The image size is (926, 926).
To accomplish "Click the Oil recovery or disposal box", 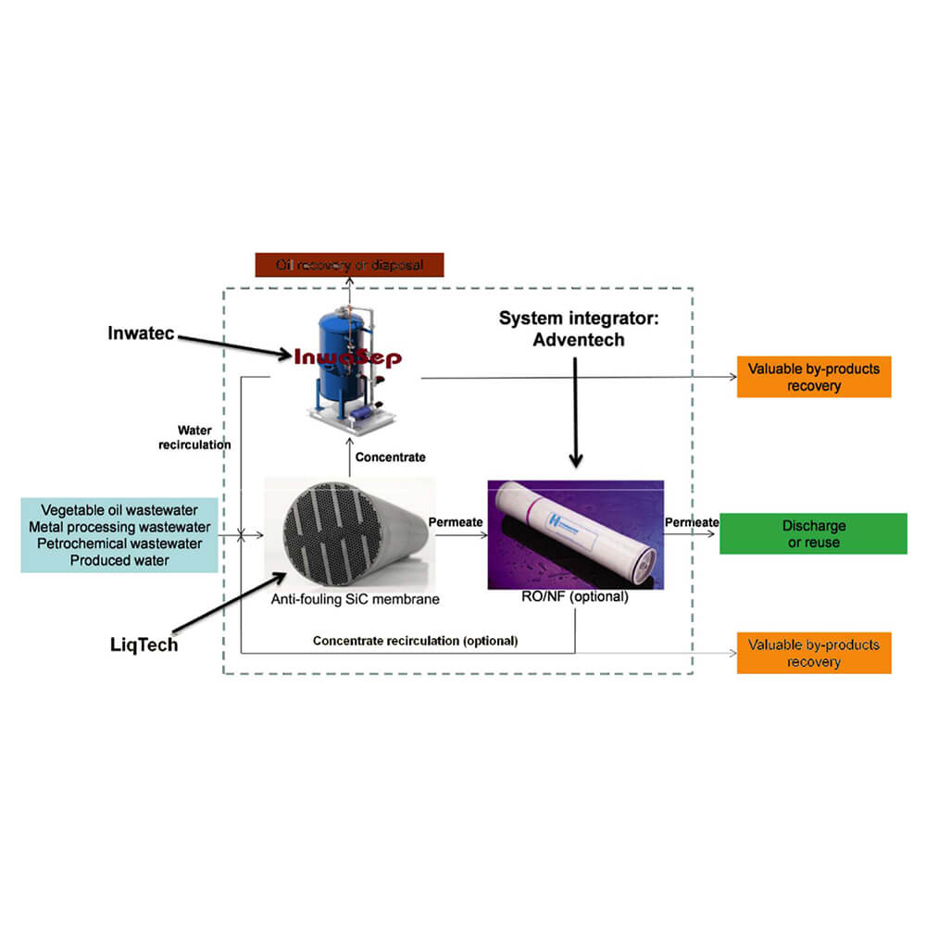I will tap(350, 265).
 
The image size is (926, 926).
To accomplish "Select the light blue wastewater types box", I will tap(119, 534).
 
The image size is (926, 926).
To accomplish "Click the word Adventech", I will tap(579, 340).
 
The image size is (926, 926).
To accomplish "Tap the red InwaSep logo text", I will tap(347, 357).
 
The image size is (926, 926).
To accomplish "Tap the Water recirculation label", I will tap(204, 437).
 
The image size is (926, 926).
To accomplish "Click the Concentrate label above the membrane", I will tap(391, 457).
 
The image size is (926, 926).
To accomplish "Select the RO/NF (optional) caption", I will tap(574, 597).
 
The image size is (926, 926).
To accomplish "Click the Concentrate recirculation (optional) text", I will tap(415, 641).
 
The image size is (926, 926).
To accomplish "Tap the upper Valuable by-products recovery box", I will tap(814, 377).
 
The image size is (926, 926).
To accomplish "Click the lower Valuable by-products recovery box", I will tap(814, 653).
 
